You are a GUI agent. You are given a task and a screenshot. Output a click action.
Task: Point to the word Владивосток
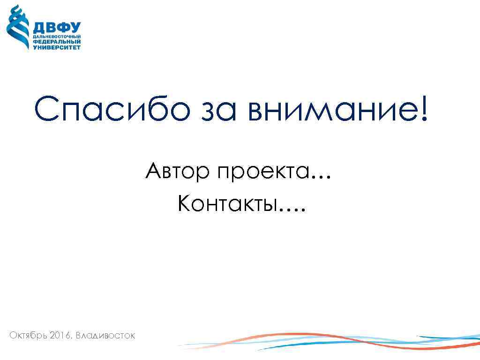coord(105,336)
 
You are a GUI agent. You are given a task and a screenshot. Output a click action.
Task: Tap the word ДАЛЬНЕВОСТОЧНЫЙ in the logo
coord(57,37)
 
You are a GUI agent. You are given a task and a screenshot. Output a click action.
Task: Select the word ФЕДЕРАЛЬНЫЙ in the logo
coord(57,42)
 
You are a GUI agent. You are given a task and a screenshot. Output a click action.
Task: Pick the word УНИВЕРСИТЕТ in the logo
coord(57,47)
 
